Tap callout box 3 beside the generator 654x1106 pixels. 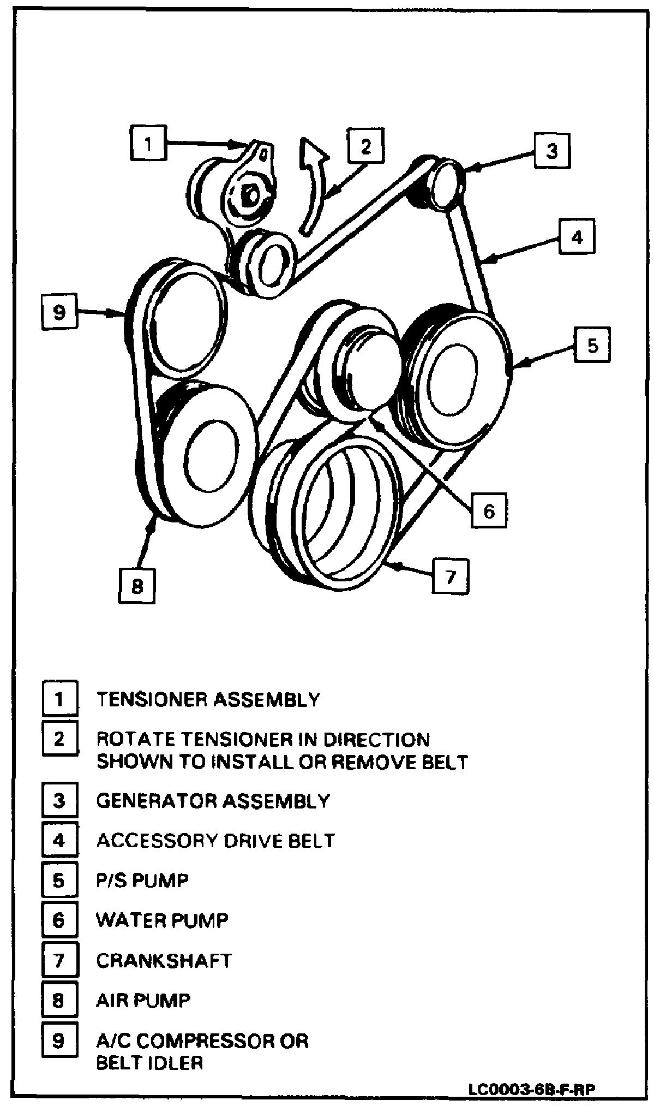click(552, 150)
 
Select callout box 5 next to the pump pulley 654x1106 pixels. click(592, 345)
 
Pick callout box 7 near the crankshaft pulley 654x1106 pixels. click(451, 576)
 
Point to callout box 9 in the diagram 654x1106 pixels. click(59, 312)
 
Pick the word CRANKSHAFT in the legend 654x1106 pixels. click(164, 960)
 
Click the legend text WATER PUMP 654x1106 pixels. click(162, 920)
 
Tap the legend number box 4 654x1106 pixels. click(59, 840)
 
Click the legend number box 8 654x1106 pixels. click(59, 1000)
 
